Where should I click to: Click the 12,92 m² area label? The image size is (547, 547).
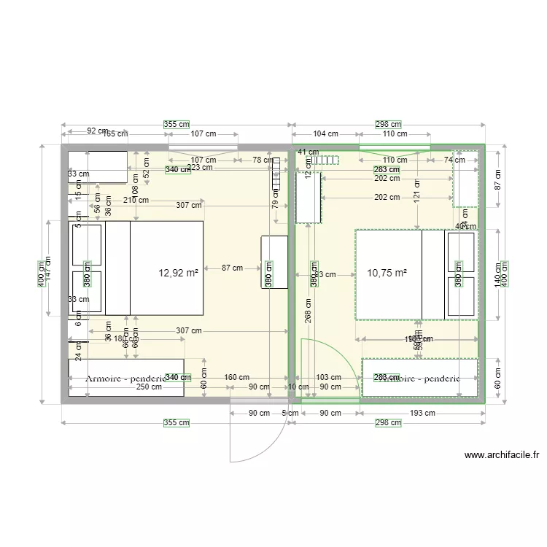coord(179,273)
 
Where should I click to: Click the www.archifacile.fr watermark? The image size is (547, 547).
coord(502,456)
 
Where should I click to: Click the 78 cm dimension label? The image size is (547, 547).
coord(263,160)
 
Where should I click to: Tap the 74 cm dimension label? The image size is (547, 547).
coord(454,160)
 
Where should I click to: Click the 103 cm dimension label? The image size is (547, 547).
coord(328,378)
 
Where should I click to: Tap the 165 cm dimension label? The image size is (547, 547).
coord(115,134)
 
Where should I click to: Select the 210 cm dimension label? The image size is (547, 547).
coord(136,200)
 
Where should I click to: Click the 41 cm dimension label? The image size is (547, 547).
coord(309,152)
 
